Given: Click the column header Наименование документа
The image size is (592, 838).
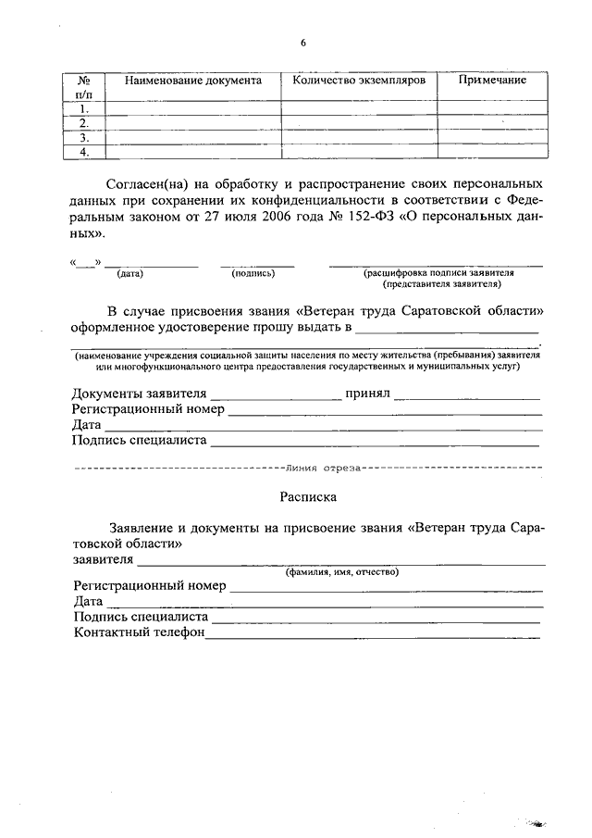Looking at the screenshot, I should (x=193, y=81).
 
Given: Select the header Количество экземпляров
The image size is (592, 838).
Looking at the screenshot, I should (x=359, y=81).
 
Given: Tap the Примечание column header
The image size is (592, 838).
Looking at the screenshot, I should (x=492, y=81).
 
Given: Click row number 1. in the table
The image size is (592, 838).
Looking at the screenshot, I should (x=84, y=108).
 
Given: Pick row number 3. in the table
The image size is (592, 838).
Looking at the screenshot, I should (x=84, y=138).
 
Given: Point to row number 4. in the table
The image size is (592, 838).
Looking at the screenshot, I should (x=84, y=152).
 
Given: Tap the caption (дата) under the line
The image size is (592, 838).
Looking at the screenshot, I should (x=130, y=274).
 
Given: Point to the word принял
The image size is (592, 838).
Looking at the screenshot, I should (x=368, y=394).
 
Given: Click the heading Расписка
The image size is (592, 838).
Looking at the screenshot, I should (x=307, y=496).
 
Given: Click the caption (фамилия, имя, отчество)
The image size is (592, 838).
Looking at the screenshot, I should (x=341, y=572).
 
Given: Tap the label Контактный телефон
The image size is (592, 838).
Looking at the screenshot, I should (x=139, y=632).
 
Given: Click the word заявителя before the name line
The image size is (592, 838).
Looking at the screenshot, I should (x=103, y=559).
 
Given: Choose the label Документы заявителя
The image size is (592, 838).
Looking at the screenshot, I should (x=139, y=394).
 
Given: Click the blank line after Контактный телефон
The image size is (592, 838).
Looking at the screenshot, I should (x=373, y=634).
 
